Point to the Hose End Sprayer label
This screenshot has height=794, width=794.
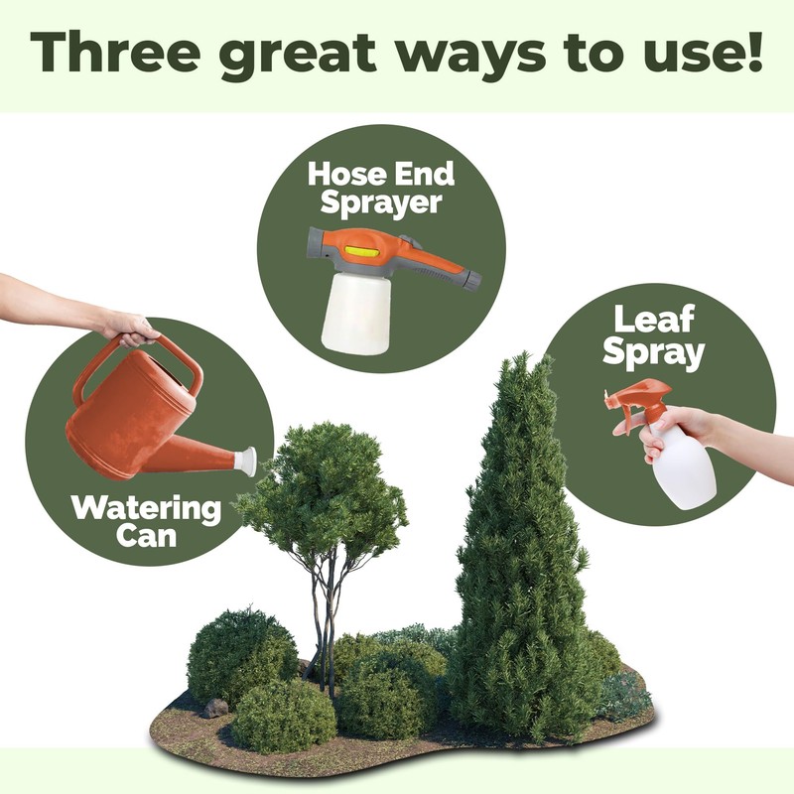(380, 188)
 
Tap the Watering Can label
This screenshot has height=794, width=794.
(146, 522)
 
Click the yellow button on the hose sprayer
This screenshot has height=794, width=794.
(366, 255)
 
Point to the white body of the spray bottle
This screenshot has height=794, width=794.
(686, 467)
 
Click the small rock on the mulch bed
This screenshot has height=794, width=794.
(215, 708)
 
